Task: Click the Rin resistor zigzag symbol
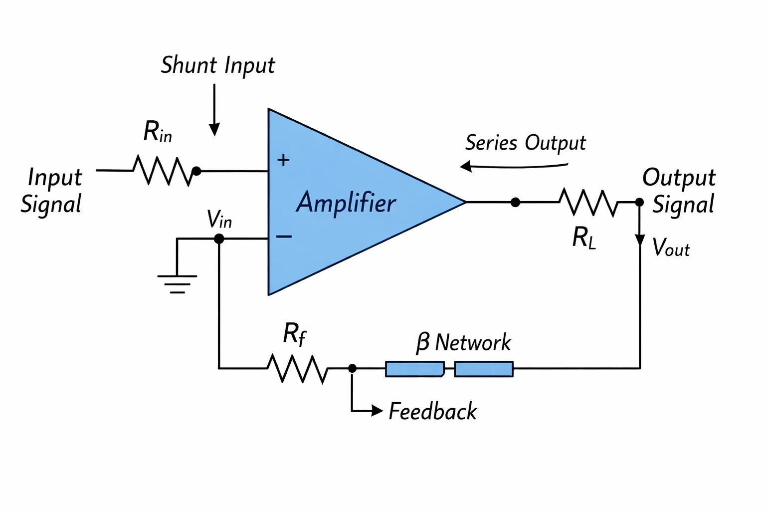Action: coord(163,171)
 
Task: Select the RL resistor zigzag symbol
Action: coord(588,202)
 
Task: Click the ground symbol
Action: coord(177,284)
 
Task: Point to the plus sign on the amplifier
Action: coord(283,160)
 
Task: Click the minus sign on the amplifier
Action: coord(284,236)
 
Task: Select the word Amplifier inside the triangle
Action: coord(346,203)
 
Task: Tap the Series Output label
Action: coord(526,143)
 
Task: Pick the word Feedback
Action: coord(432,411)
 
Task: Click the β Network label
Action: coord(463,342)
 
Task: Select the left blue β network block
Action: coord(415,369)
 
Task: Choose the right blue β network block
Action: coord(484,369)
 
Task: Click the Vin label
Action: coord(219,219)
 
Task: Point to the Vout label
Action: coord(671,247)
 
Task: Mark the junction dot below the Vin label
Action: coord(219,239)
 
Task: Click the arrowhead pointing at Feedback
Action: coord(377,410)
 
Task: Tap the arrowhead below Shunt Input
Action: coord(214,129)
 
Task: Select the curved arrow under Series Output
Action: coord(514,167)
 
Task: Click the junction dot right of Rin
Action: coord(196,171)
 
